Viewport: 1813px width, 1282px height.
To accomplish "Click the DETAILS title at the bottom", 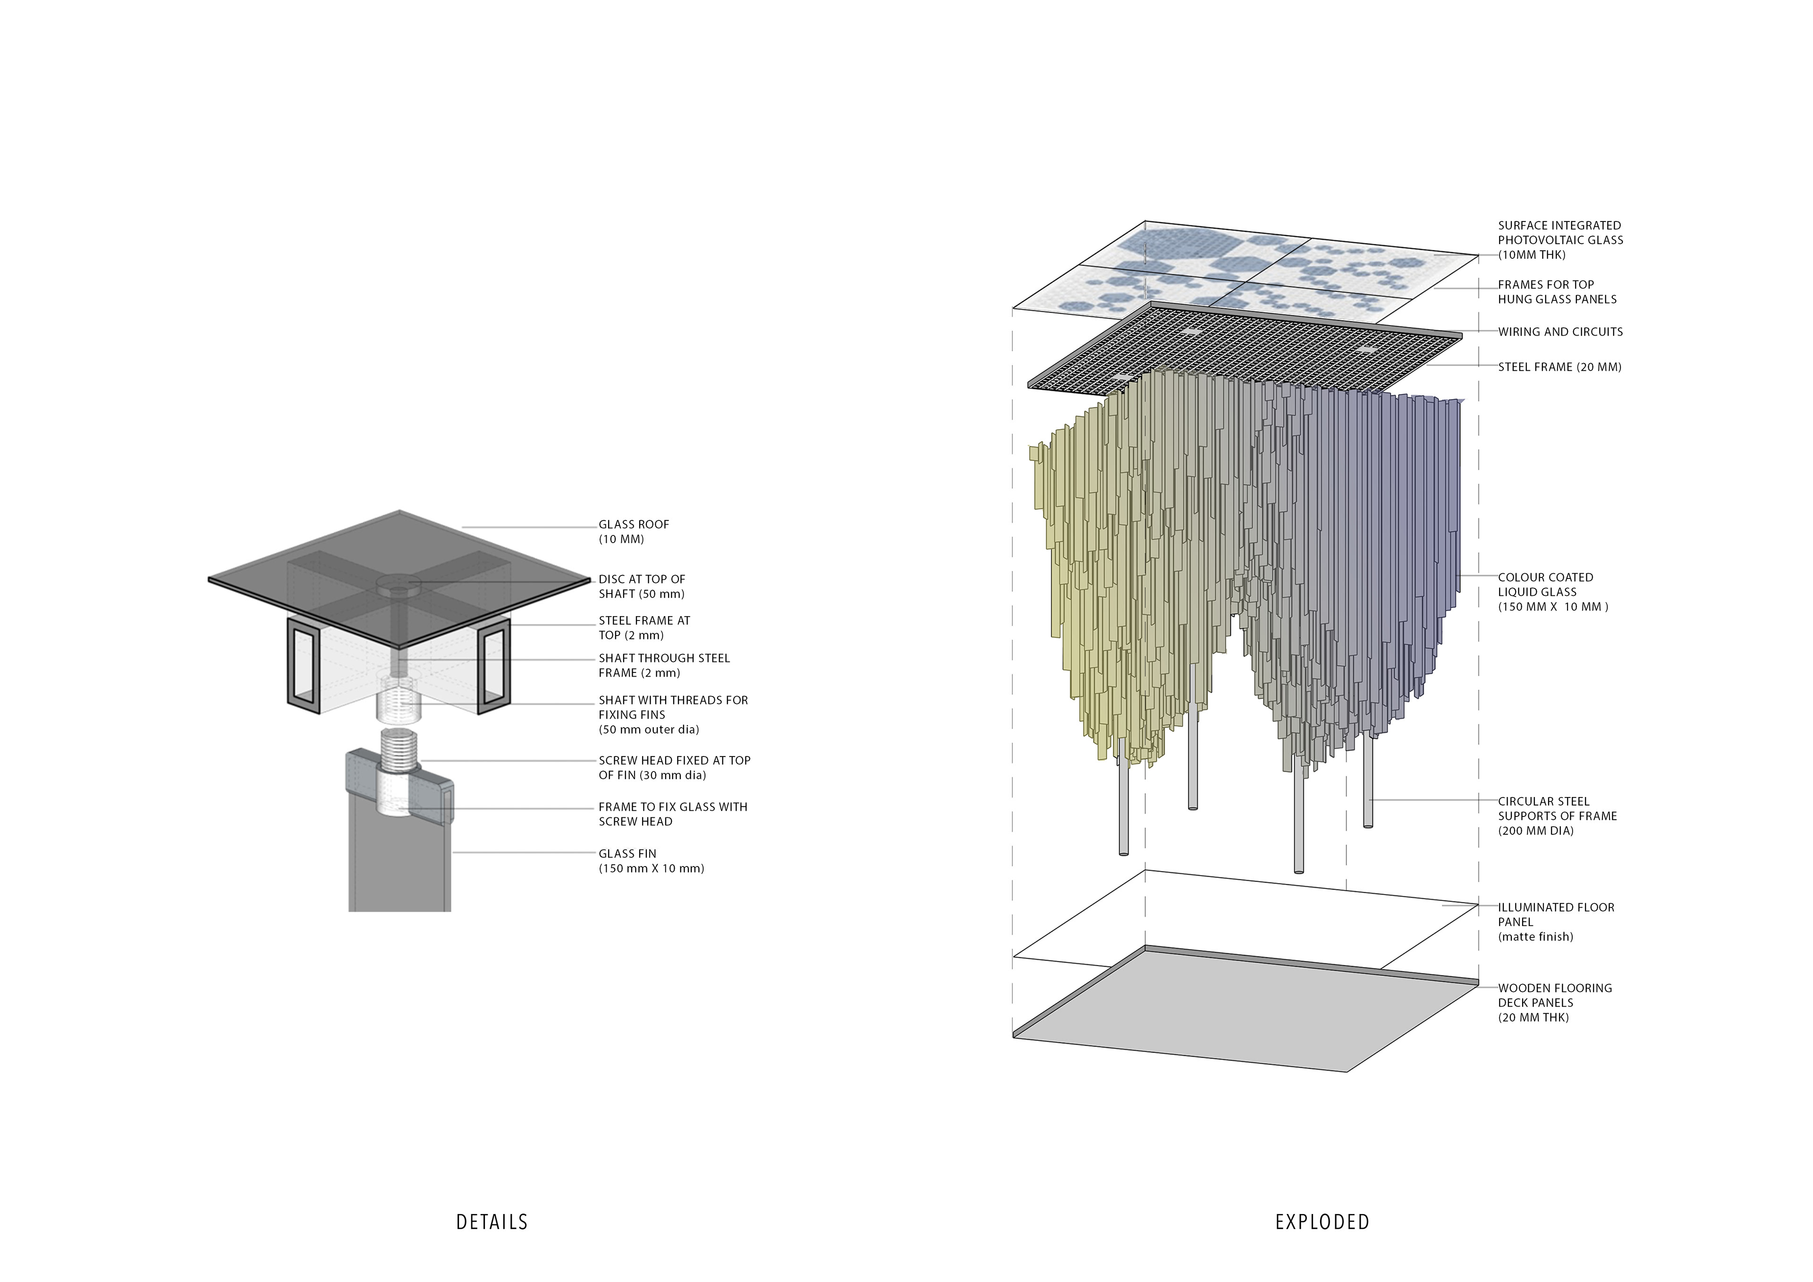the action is click(x=492, y=1222).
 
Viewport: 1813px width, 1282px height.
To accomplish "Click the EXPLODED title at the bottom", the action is click(x=1322, y=1222).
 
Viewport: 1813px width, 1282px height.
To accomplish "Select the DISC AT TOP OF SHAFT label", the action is click(x=641, y=586).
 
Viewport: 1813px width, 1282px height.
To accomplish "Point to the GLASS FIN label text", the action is click(x=651, y=860).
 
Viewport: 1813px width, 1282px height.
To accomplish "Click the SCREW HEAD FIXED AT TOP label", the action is click(x=674, y=767).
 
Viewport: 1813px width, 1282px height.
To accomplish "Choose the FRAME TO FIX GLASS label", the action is click(x=672, y=814).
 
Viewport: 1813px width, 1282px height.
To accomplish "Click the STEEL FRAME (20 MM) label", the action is click(x=1559, y=366).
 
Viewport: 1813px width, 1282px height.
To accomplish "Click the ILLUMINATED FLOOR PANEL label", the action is click(x=1556, y=922).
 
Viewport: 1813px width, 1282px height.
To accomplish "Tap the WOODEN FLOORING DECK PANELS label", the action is click(x=1554, y=1002).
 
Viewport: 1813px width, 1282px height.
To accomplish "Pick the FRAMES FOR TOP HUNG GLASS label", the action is click(x=1556, y=291).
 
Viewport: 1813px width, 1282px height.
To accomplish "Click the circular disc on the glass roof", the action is click(x=399, y=584).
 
